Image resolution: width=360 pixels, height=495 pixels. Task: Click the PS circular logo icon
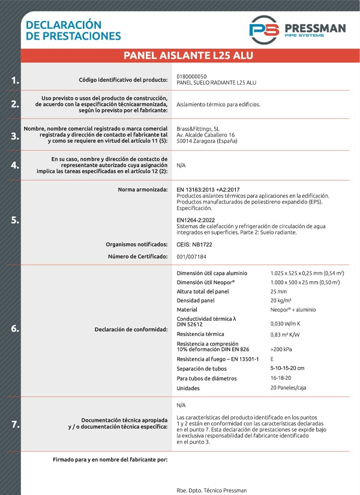[x=263, y=29]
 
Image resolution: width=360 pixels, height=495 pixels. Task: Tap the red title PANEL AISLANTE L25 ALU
[x=188, y=56]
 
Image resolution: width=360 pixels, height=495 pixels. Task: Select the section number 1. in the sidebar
[x=15, y=80]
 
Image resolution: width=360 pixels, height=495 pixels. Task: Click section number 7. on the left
[x=15, y=424]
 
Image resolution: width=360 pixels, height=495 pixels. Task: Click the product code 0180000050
[x=192, y=76]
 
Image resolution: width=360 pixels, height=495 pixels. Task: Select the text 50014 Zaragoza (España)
[x=207, y=142]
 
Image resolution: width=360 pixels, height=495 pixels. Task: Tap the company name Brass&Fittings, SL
[x=198, y=128]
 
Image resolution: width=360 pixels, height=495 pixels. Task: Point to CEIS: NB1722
[x=194, y=244]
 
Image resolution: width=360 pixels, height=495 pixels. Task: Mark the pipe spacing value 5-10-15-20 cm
[x=287, y=368]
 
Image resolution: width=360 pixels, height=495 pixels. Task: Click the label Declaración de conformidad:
[x=131, y=329]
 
